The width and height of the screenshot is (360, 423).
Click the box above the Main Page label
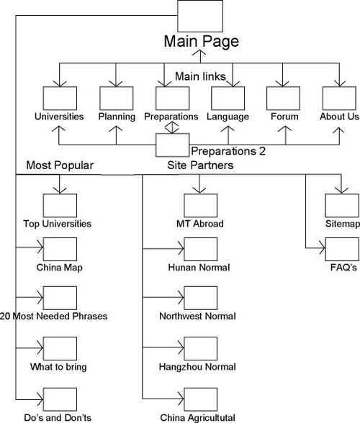pyautogui.click(x=200, y=16)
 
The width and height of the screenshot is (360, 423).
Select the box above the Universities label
pyautogui.click(x=60, y=98)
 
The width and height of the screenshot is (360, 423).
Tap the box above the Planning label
pyautogui.click(x=117, y=98)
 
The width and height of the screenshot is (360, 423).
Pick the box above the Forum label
pyautogui.click(x=283, y=98)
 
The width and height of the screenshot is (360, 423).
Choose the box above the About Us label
pyautogui.click(x=339, y=98)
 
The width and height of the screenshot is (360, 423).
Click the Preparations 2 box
pyautogui.click(x=173, y=145)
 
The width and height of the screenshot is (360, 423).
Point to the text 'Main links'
pyautogui.click(x=200, y=76)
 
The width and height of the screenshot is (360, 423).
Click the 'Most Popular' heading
pyautogui.click(x=60, y=165)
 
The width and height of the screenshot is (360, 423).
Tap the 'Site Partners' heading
pyautogui.click(x=200, y=165)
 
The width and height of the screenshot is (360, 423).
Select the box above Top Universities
pyautogui.click(x=60, y=206)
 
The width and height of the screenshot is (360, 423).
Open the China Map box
pyautogui.click(x=60, y=249)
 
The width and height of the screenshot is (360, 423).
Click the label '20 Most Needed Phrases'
pyautogui.click(x=53, y=316)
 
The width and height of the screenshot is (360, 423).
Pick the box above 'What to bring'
pyautogui.click(x=60, y=348)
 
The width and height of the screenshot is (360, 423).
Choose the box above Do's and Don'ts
pyautogui.click(x=60, y=399)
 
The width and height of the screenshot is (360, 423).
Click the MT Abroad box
pyautogui.click(x=201, y=206)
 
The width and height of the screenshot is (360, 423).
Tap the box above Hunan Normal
pyautogui.click(x=201, y=249)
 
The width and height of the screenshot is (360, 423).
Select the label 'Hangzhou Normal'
pyautogui.click(x=197, y=367)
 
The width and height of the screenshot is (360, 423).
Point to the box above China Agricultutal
pyautogui.click(x=201, y=399)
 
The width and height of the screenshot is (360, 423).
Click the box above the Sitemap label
pyautogui.click(x=342, y=206)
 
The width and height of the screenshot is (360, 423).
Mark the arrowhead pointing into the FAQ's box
pyautogui.click(x=323, y=248)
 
